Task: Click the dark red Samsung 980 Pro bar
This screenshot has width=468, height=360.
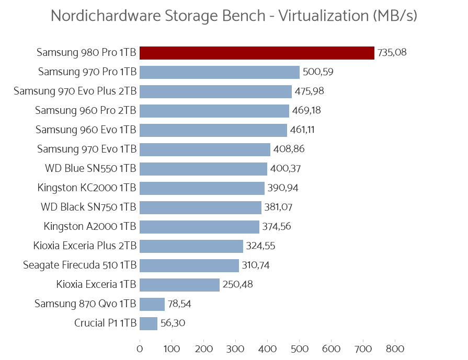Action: pyautogui.click(x=257, y=53)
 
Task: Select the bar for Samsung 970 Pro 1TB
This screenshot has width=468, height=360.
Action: pyautogui.click(x=220, y=72)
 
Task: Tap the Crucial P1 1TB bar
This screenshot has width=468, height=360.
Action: pyautogui.click(x=149, y=323)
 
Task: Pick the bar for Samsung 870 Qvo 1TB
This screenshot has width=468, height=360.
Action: pyautogui.click(x=152, y=304)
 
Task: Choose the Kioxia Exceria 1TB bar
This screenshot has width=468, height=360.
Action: pyautogui.click(x=179, y=285)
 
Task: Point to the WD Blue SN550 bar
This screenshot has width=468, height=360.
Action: pyautogui.click(x=203, y=169)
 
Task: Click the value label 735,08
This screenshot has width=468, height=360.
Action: pyautogui.click(x=392, y=53)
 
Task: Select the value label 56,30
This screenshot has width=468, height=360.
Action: pyautogui.click(x=173, y=323)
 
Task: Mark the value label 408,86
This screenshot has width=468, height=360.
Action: pyautogui.click(x=289, y=149)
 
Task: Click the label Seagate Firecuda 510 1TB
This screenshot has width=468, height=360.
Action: pyautogui.click(x=80, y=265)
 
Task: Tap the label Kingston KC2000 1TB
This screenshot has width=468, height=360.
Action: pyautogui.click(x=87, y=188)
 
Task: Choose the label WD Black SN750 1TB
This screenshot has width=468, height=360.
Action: pyautogui.click(x=88, y=207)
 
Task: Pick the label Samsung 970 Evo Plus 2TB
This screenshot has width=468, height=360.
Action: pyautogui.click(x=75, y=91)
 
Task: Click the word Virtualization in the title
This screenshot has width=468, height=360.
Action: pyautogui.click(x=324, y=16)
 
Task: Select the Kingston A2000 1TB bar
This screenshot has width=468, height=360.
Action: pyautogui.click(x=199, y=227)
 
